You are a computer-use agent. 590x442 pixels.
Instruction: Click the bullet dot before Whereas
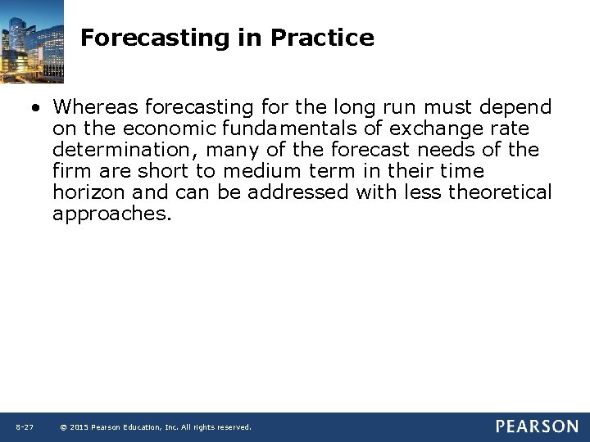coord(37,108)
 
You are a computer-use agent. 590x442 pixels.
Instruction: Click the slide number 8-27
coord(24,427)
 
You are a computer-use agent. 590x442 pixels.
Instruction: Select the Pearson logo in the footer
coord(536,426)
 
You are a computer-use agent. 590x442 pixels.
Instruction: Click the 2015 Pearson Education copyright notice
coord(156,427)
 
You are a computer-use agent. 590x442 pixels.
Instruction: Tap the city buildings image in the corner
coord(32,41)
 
